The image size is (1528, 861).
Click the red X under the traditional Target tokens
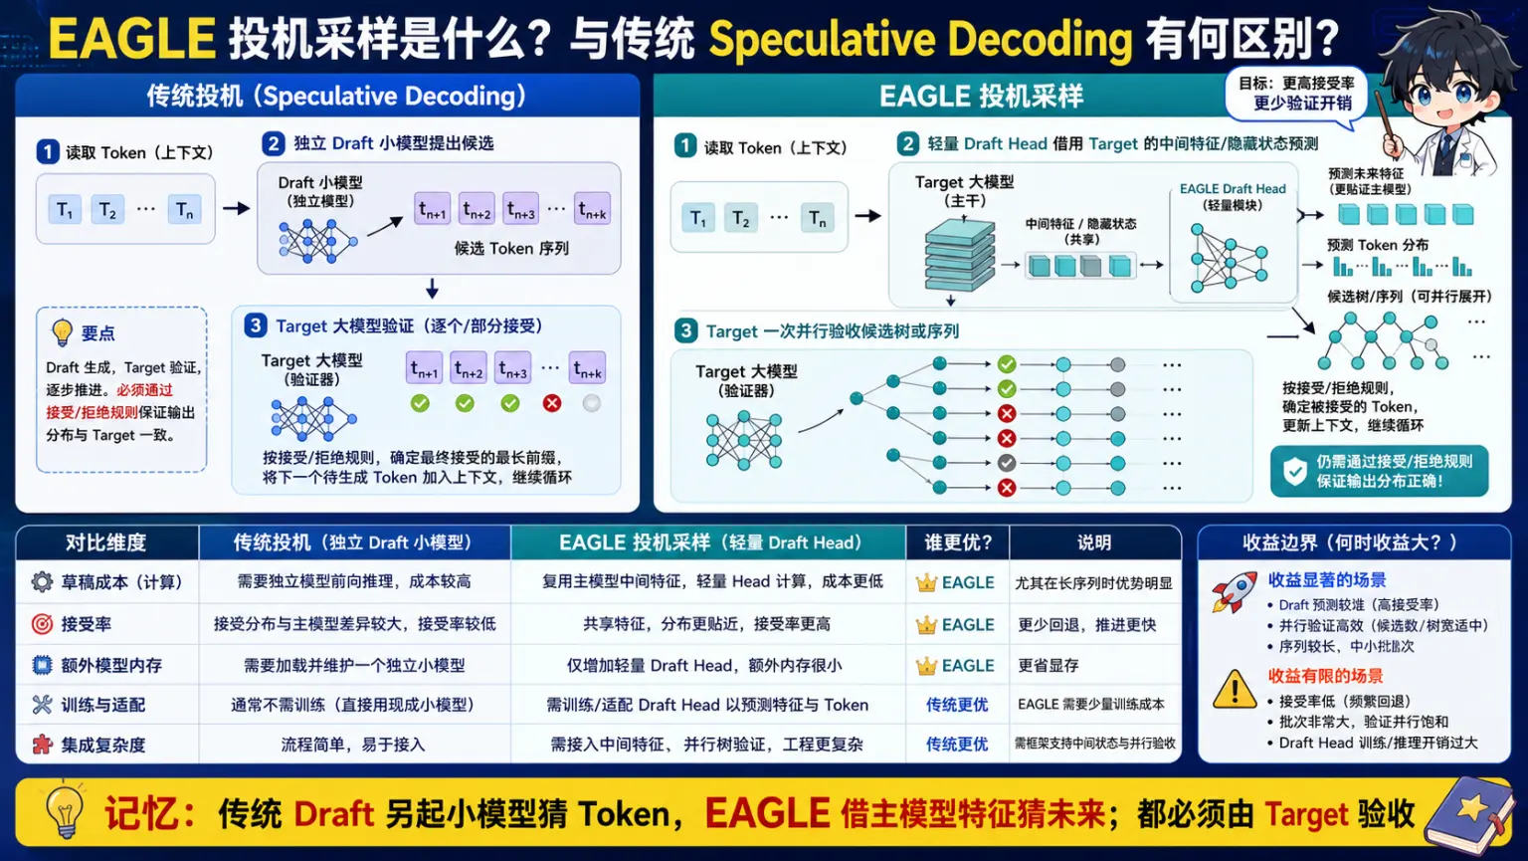click(x=552, y=403)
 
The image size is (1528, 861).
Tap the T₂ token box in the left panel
click(x=107, y=210)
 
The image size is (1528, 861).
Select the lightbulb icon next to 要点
click(x=62, y=332)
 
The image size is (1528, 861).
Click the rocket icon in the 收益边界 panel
click(x=1235, y=592)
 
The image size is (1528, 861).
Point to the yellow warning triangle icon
click(x=1235, y=690)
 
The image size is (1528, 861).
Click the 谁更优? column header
click(x=957, y=542)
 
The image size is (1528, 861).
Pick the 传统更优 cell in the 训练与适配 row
click(x=956, y=705)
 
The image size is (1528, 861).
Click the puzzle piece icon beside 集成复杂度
click(x=43, y=745)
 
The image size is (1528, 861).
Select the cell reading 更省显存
click(x=1048, y=665)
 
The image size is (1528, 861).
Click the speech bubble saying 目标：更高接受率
click(x=1296, y=94)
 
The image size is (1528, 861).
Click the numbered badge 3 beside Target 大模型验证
click(x=255, y=325)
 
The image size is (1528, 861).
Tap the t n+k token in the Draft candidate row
click(x=592, y=209)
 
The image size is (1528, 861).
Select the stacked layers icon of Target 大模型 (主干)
click(x=959, y=254)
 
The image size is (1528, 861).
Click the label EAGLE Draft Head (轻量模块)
click(x=1233, y=197)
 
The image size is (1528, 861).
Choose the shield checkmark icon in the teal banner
click(x=1294, y=471)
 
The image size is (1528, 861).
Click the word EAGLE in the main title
click(x=131, y=38)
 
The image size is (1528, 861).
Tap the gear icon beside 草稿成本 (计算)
click(x=42, y=581)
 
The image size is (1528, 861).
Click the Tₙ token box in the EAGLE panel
click(x=817, y=219)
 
